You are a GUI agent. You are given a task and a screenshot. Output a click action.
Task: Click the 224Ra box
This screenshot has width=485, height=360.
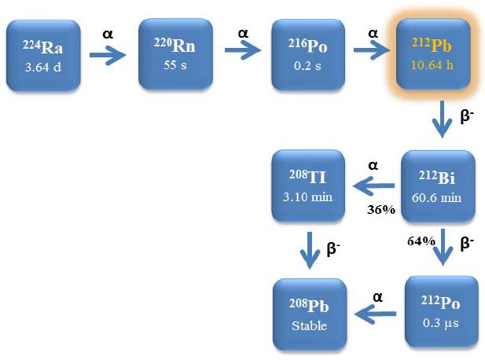click(42, 54)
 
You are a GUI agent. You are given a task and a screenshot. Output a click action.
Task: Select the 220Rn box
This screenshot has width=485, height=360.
click(177, 54)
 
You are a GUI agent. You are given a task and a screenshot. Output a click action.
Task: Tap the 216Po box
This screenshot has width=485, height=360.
click(307, 54)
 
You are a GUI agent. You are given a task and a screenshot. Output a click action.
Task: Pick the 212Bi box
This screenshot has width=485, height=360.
click(439, 187)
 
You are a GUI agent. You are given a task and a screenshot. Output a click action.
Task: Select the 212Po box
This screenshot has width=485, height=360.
click(440, 312)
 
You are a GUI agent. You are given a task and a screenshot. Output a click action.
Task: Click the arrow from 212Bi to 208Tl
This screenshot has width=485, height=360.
click(373, 187)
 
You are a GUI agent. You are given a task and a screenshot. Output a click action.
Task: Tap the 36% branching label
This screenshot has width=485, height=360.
click(380, 209)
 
